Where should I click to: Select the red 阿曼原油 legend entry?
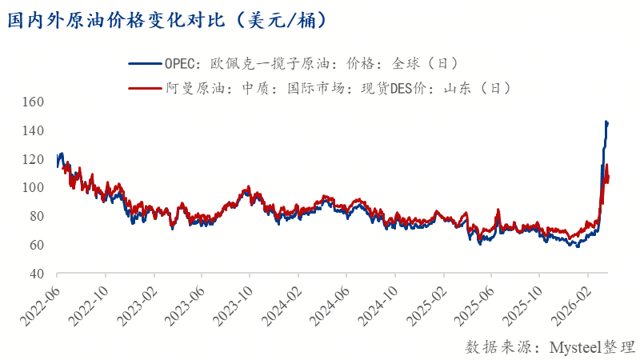[x=319, y=88]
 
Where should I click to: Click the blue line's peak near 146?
[x=606, y=122]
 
